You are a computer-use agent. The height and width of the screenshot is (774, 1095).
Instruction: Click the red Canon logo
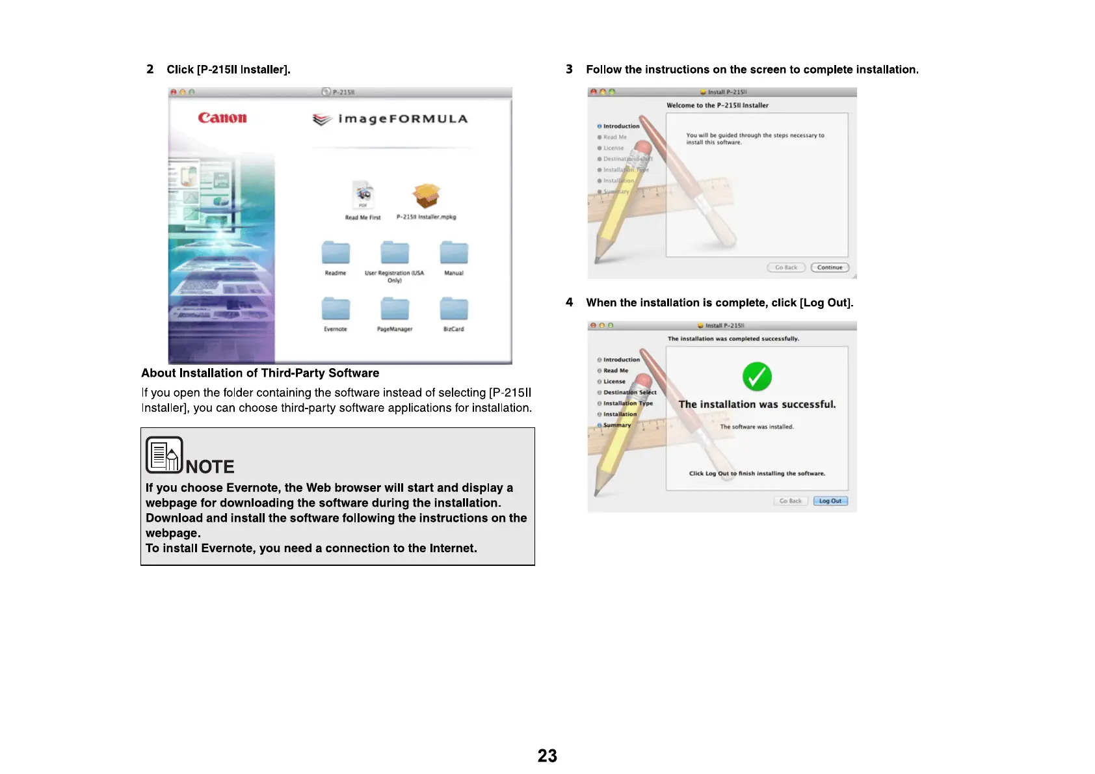click(222, 118)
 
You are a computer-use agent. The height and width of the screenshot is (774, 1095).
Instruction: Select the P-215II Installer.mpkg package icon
click(427, 196)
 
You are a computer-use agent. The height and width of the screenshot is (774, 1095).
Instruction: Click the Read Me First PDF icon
click(363, 194)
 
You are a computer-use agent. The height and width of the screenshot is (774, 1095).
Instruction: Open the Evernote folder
click(336, 308)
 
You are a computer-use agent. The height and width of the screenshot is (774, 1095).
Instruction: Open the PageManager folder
click(395, 308)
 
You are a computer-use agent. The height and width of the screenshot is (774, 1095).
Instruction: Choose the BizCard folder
click(454, 308)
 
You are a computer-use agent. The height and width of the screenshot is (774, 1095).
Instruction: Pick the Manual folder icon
click(454, 252)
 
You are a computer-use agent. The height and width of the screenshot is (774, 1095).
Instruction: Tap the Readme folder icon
click(336, 252)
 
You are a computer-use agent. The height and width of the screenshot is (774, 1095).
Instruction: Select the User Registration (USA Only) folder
click(395, 252)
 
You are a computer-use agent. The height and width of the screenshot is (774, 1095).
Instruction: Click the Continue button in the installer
click(830, 267)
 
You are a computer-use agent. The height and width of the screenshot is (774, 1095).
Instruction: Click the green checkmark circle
click(757, 377)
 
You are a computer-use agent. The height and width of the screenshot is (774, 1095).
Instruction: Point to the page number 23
click(547, 756)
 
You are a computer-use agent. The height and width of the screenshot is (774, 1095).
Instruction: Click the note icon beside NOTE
click(164, 455)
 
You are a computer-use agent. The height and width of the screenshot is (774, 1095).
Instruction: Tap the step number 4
click(570, 302)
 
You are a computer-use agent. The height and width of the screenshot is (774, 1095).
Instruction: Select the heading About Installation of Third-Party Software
click(260, 373)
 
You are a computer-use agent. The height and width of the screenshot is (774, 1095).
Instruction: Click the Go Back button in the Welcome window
click(786, 267)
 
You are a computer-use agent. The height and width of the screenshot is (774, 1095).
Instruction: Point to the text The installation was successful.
click(757, 405)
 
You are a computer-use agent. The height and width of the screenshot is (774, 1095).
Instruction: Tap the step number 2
click(150, 70)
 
